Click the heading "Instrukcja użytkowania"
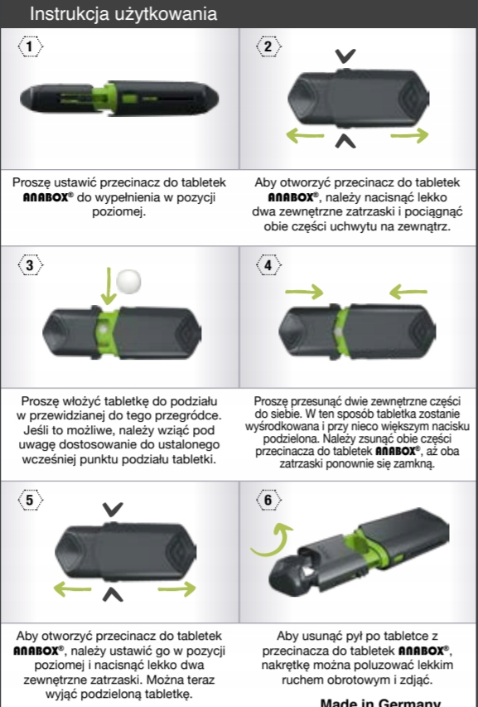pyautogui.click(x=123, y=13)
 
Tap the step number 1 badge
pyautogui.click(x=30, y=46)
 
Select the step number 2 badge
pyautogui.click(x=268, y=46)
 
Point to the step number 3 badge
pyautogui.click(x=30, y=264)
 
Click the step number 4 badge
pyautogui.click(x=268, y=264)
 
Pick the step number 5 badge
pyautogui.click(x=30, y=500)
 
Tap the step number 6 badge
pyautogui.click(x=268, y=500)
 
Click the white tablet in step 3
pyautogui.click(x=128, y=282)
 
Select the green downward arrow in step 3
pyautogui.click(x=109, y=286)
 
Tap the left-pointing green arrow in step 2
pyautogui.click(x=305, y=135)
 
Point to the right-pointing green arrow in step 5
pyautogui.click(x=177, y=588)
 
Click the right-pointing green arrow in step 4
pyautogui.click(x=305, y=293)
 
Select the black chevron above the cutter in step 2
pyautogui.click(x=345, y=56)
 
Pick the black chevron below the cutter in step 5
pyautogui.click(x=113, y=595)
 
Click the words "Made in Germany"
pyautogui.click(x=379, y=702)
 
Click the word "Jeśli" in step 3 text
pyautogui.click(x=34, y=430)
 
